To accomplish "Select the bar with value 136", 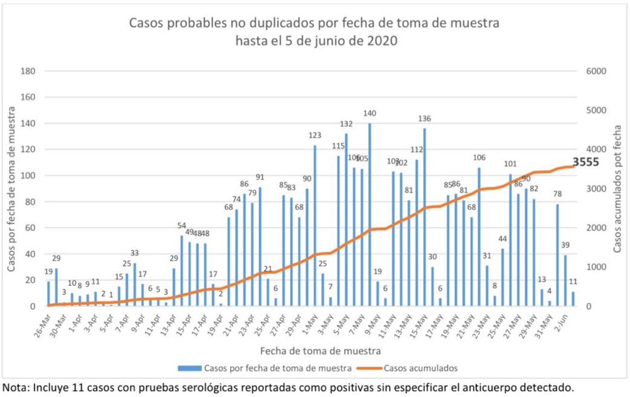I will [424, 217].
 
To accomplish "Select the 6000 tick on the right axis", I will [596, 71].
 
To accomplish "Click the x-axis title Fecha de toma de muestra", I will [320, 350].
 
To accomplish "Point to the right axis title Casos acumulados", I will [617, 189].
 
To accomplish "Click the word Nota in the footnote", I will [16, 386].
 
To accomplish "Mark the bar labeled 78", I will [558, 255].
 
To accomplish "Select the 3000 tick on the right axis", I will [596, 189].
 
